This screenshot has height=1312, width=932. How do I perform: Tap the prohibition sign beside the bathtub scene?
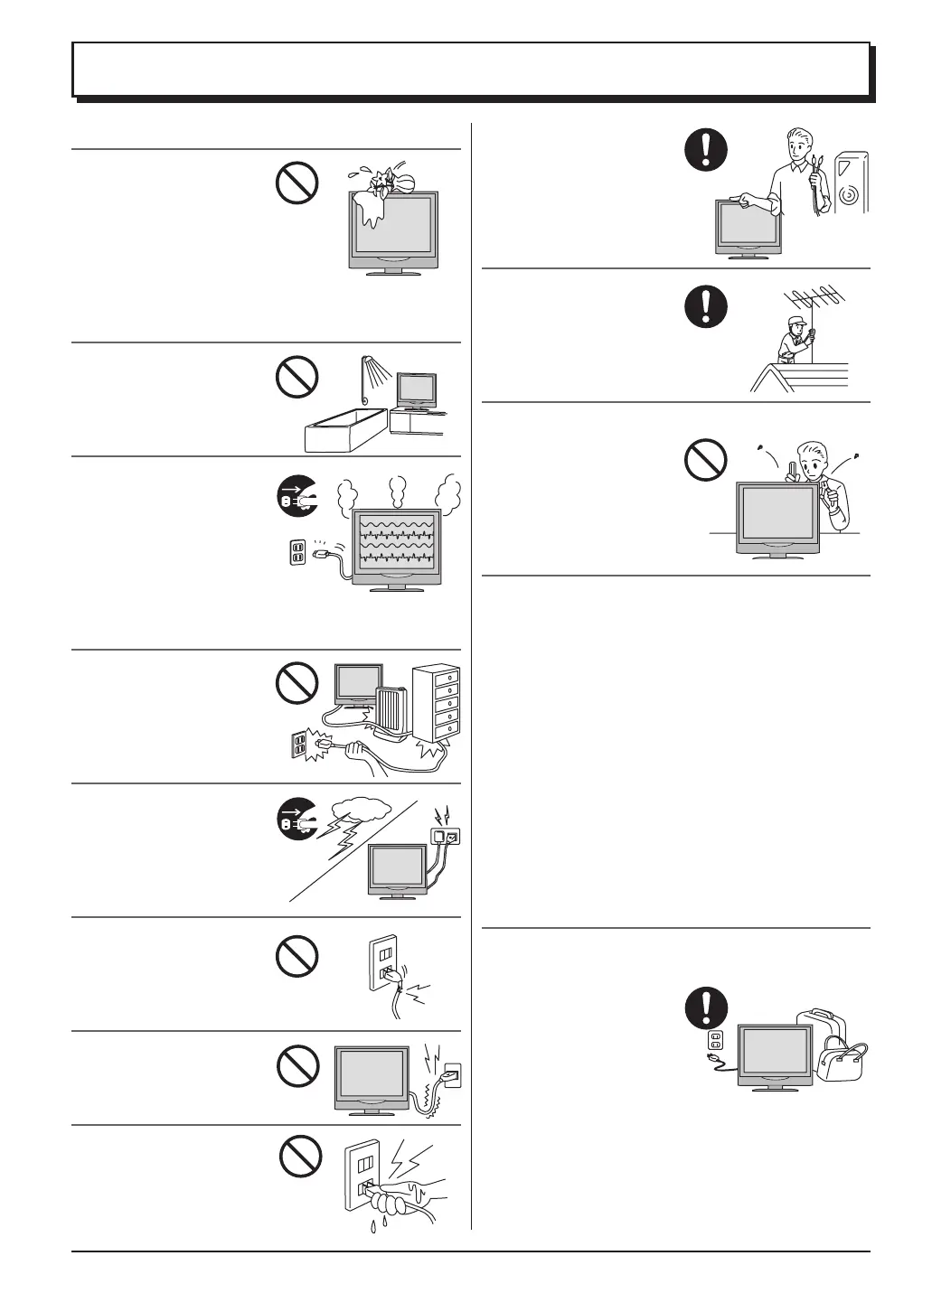click(x=297, y=377)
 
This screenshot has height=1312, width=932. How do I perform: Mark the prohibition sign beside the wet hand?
click(x=299, y=1156)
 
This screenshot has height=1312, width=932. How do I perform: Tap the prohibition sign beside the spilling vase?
click(x=297, y=183)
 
